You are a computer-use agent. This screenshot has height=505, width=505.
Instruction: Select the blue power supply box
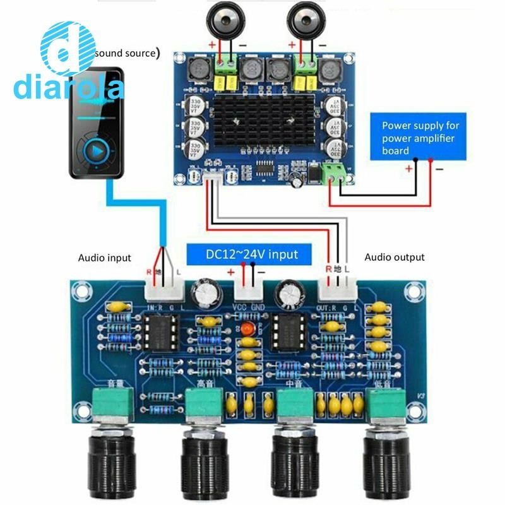424,138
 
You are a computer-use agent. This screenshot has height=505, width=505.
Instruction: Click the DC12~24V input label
251,254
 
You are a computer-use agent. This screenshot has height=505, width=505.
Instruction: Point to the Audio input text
105,258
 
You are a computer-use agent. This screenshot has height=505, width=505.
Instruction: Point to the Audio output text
395,257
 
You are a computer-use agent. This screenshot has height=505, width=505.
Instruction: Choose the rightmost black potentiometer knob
386,464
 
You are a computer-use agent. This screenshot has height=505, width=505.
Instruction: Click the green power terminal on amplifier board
335,174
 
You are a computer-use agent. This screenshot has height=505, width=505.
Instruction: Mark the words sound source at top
124,53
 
